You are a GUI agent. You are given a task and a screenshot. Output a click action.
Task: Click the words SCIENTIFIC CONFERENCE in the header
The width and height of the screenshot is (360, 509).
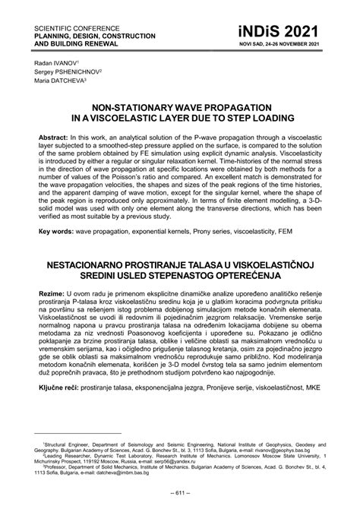71,17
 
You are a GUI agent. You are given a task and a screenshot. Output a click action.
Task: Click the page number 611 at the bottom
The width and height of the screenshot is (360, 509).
180,494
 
